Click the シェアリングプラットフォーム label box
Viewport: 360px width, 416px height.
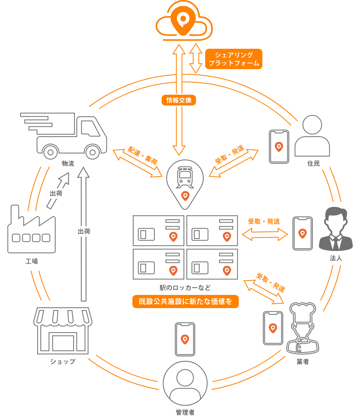(x=234, y=59)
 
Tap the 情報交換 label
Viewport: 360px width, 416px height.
(x=179, y=100)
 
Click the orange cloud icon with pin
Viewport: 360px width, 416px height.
(x=184, y=22)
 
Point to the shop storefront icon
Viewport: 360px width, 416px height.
(x=63, y=330)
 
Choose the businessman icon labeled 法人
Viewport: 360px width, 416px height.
(x=335, y=230)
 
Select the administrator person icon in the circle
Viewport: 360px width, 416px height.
(x=185, y=383)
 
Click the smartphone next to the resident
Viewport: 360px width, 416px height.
(x=279, y=146)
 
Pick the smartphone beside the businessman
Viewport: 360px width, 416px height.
(x=302, y=233)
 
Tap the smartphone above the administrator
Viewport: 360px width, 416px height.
(x=185, y=339)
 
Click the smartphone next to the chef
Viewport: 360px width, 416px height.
(x=273, y=328)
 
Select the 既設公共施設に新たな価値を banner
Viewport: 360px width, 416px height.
(x=185, y=302)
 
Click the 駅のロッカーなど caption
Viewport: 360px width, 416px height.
(x=185, y=287)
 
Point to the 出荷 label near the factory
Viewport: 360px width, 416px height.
(x=56, y=194)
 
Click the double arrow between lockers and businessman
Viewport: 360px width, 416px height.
(x=265, y=234)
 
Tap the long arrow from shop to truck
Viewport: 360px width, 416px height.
(x=84, y=236)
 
